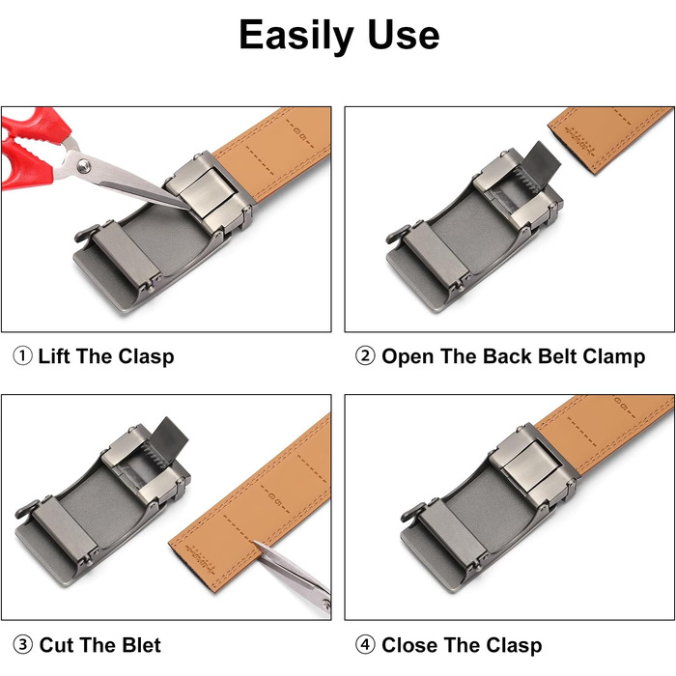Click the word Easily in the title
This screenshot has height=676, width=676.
tap(296, 36)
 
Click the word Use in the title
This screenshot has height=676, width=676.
tap(404, 35)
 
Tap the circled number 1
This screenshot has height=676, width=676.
tap(22, 356)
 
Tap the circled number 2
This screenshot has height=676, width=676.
tap(365, 356)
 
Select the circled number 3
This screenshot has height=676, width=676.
tap(22, 645)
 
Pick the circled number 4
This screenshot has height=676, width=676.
tap(365, 645)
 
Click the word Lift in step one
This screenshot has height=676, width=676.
tap(54, 356)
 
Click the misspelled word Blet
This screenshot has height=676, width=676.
tap(141, 645)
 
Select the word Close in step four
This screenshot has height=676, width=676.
tap(408, 645)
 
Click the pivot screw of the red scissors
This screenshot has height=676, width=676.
tap(84, 165)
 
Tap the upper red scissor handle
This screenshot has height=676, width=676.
tap(37, 124)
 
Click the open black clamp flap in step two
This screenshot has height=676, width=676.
tap(542, 161)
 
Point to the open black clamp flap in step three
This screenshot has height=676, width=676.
tap(169, 437)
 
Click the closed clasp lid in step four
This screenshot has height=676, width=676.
tap(531, 466)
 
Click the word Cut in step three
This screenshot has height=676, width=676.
tap(56, 645)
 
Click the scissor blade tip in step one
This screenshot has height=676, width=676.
tap(189, 209)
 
